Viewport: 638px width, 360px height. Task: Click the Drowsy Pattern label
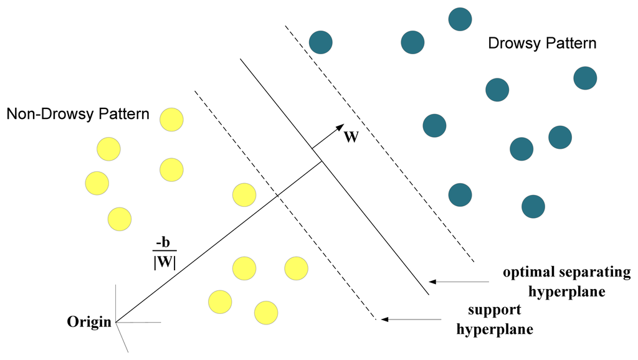tap(542, 44)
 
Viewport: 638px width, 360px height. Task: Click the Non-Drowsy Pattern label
tap(78, 115)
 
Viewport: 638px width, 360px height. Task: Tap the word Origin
tap(90, 322)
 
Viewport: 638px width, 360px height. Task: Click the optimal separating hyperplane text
tap(566, 282)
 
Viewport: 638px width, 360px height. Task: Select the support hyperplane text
tap(495, 320)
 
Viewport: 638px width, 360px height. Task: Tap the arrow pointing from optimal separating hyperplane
tap(459, 282)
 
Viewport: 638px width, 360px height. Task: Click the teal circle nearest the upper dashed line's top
tap(320, 42)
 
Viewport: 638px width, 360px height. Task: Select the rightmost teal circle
tap(585, 78)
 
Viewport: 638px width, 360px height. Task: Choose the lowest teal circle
tap(533, 206)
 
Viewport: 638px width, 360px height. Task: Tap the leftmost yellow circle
tap(97, 182)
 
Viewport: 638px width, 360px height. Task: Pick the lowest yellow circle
tap(266, 311)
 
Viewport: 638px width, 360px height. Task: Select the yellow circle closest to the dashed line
tap(244, 194)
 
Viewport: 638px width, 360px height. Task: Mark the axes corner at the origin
tap(117, 322)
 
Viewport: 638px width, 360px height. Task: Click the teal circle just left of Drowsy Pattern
tap(412, 42)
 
